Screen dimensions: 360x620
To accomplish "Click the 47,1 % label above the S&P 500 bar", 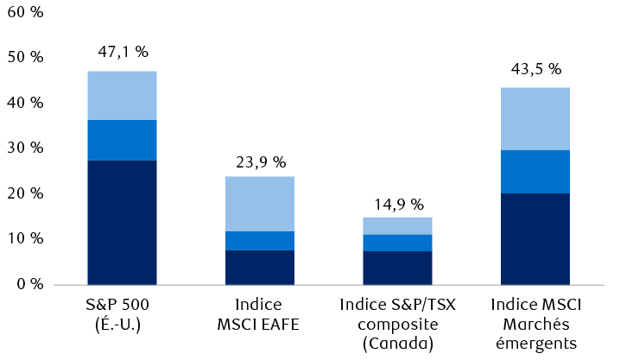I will (x=122, y=52).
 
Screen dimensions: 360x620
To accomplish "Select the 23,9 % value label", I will (x=260, y=161).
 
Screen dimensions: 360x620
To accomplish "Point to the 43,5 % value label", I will (x=535, y=68).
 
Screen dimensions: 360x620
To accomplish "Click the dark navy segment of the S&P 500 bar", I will (x=122, y=222).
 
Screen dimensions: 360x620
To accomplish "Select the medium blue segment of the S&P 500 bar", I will (x=122, y=140).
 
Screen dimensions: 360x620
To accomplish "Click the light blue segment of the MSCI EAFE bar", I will (x=260, y=204).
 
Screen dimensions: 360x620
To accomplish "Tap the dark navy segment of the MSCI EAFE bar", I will (x=260, y=267).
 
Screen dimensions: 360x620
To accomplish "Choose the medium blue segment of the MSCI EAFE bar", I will (x=260, y=241).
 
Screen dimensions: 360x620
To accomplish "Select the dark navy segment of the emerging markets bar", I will (x=535, y=238).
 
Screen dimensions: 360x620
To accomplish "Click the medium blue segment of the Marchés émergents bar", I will (x=535, y=171).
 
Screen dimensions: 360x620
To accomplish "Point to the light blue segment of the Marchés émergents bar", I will (x=535, y=118).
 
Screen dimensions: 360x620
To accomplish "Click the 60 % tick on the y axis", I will (x=25, y=13).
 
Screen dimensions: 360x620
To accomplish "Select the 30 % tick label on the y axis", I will (x=25, y=148).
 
